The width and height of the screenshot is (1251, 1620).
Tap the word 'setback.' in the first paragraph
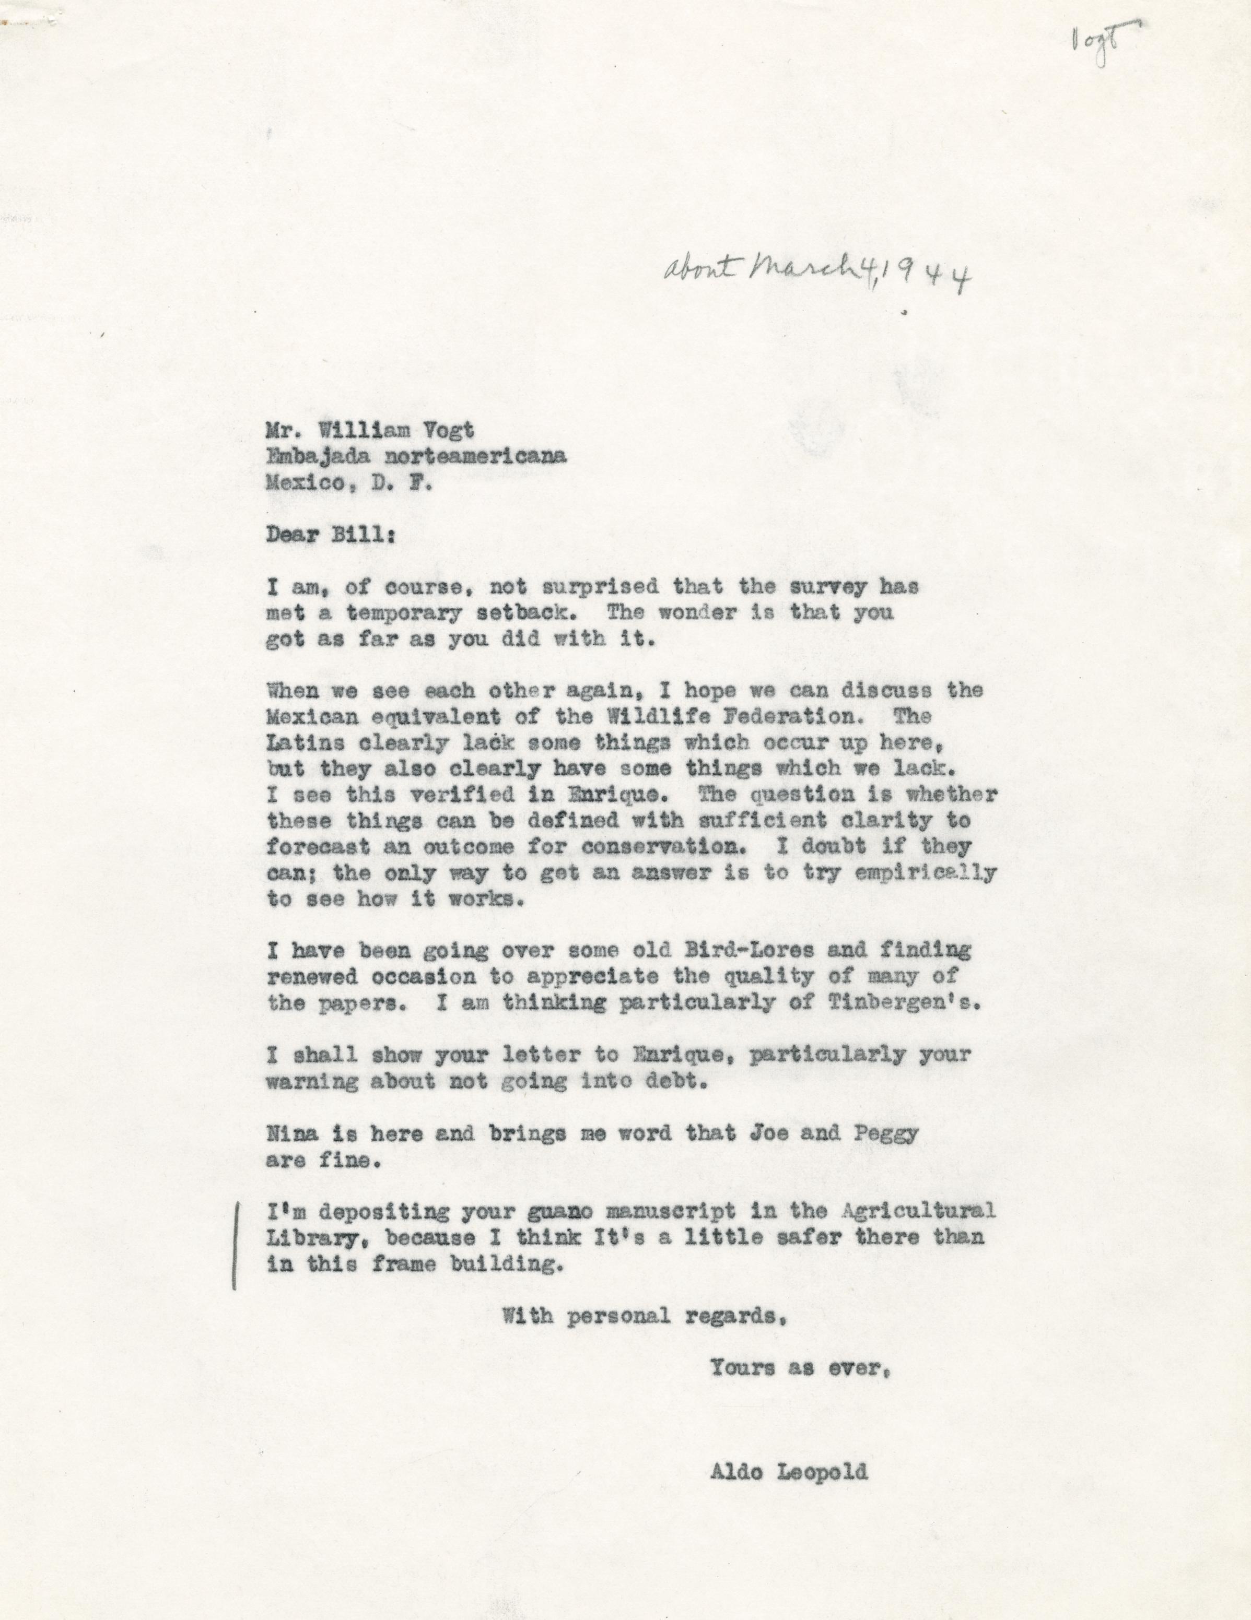(539, 613)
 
